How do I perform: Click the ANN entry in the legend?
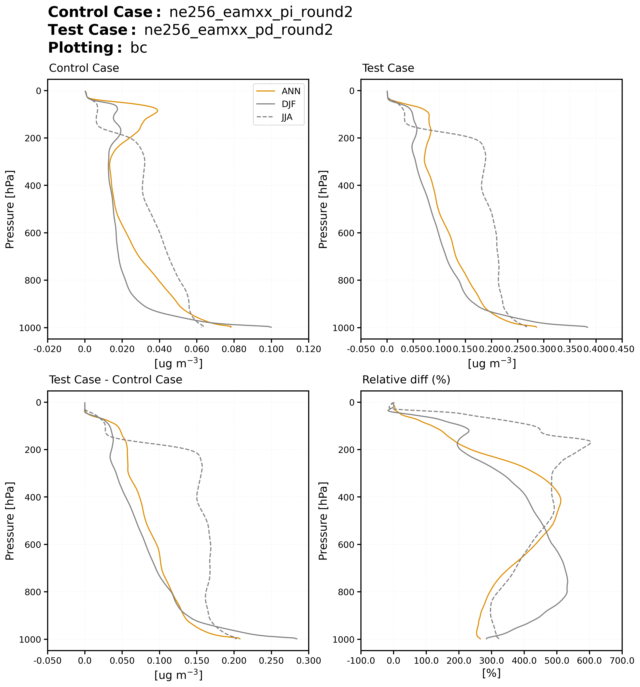point(291,91)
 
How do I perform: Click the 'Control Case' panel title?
point(84,68)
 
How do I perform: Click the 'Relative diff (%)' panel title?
point(406,380)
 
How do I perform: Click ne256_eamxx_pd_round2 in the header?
point(238,30)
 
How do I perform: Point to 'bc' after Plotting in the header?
point(139,48)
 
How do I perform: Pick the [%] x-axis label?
point(491,673)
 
